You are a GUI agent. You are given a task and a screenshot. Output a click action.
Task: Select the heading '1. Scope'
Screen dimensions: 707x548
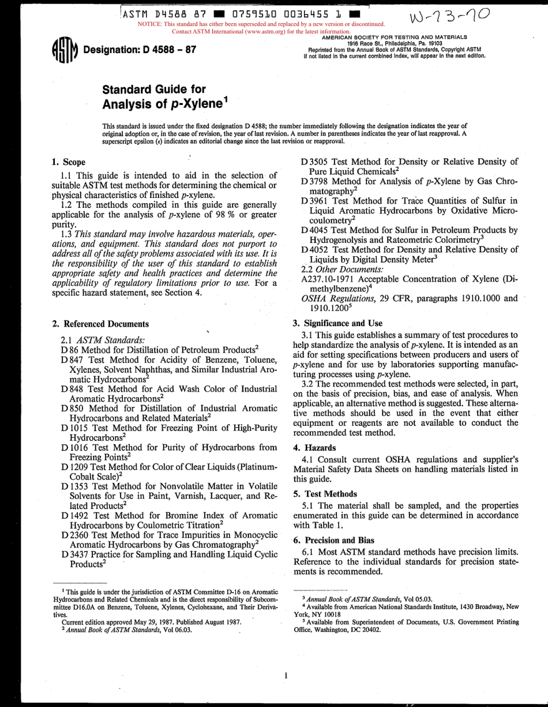click(69, 162)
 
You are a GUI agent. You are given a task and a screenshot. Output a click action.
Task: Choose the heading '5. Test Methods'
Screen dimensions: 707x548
click(325, 494)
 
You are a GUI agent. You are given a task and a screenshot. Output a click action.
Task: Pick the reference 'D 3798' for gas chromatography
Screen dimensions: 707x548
click(315, 182)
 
